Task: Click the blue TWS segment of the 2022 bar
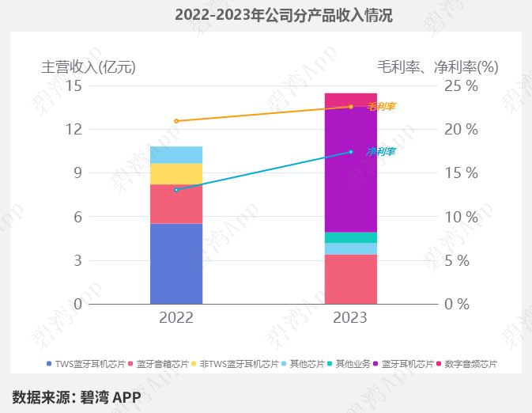175,263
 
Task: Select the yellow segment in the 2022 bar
175,173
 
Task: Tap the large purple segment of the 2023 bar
351,169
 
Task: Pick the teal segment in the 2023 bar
351,237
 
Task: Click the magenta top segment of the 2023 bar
351,99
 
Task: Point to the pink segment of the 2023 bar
351,278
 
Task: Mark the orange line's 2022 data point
176,121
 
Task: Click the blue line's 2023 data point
351,152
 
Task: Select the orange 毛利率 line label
381,106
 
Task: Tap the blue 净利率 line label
381,151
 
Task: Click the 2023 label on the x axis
351,318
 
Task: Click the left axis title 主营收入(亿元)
89,67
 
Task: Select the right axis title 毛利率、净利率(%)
438,67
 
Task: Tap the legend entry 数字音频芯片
470,364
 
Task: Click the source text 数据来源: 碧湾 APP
76,396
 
